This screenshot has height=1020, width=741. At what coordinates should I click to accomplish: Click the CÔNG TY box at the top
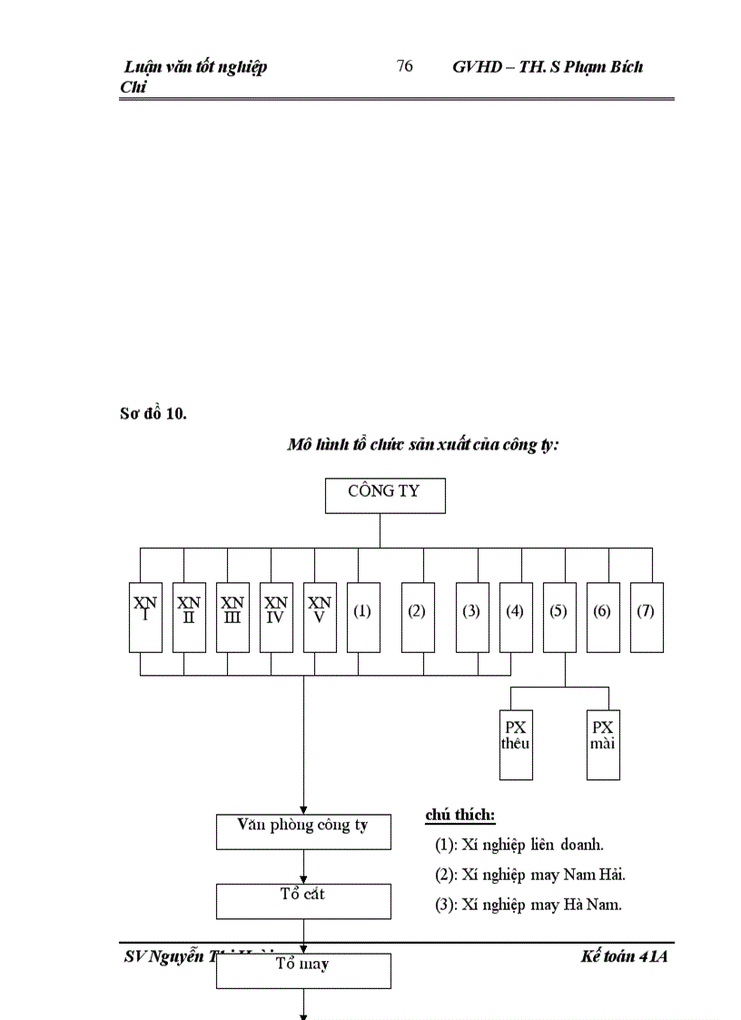point(385,495)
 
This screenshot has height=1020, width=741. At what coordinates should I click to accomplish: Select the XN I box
point(145,617)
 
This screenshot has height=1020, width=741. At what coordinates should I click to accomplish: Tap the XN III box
point(232,617)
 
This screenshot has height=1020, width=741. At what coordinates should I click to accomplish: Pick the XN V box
point(320,617)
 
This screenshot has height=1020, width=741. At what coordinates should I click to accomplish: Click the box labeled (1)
point(363,617)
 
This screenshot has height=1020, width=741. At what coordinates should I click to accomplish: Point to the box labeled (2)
point(418,617)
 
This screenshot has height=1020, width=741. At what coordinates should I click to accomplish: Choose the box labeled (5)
point(559,617)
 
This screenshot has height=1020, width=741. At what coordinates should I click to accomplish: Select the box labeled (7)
point(647,617)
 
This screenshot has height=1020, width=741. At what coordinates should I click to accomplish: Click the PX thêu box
point(516,745)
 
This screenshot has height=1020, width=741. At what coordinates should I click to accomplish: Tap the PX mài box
point(603,745)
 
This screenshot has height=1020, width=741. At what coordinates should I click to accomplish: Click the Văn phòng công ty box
point(303,831)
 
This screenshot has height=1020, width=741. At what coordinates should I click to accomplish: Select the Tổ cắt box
point(303,901)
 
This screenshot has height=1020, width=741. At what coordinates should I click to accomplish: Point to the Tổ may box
point(303,970)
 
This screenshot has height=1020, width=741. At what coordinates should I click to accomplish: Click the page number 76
point(405,66)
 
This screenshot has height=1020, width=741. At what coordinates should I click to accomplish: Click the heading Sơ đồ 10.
point(153,414)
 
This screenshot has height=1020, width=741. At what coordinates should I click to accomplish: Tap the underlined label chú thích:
point(460,816)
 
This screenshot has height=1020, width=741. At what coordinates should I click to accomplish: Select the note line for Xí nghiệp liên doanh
point(519,845)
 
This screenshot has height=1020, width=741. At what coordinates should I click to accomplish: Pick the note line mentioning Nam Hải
point(530,875)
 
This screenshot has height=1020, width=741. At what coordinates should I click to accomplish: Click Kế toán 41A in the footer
point(624,956)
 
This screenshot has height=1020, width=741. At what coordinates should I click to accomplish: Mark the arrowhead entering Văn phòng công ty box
point(303,809)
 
